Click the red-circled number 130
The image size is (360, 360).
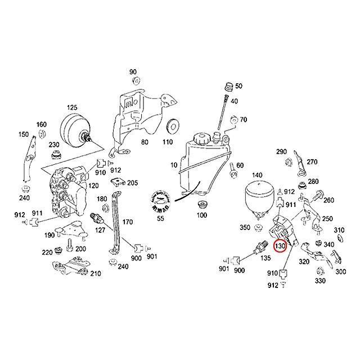pyautogui.click(x=280, y=246)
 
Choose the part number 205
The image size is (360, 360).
pyautogui.click(x=132, y=183)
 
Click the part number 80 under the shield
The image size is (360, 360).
pyautogui.click(x=145, y=143)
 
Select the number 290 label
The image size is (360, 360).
pyautogui.click(x=282, y=152)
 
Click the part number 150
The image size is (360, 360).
pyautogui.click(x=23, y=134)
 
